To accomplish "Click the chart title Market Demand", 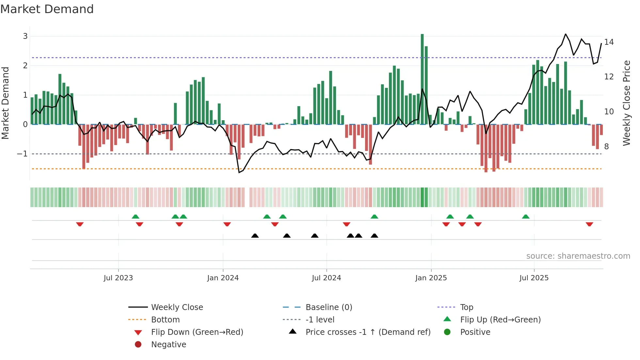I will [47, 9].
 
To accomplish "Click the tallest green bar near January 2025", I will [422, 78].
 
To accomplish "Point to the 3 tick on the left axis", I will [25, 36].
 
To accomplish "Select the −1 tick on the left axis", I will [22, 154].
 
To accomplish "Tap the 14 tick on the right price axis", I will [609, 42].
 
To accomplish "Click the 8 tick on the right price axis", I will [606, 147].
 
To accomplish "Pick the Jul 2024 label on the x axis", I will [326, 278].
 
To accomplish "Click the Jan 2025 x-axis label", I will [431, 278].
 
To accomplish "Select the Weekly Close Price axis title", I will [627, 103].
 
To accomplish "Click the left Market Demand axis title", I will [5, 103].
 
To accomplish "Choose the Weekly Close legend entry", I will [177, 307].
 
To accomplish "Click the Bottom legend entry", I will [165, 320].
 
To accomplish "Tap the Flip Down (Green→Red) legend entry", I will [197, 332].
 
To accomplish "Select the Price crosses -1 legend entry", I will [368, 332].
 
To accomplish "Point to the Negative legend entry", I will [168, 345].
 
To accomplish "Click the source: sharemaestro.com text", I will [578, 256].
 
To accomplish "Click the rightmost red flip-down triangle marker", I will [589, 224].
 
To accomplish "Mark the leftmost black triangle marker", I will [255, 236].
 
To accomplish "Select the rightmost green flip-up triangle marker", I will [526, 217].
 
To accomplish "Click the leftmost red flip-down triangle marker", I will [80, 224].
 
